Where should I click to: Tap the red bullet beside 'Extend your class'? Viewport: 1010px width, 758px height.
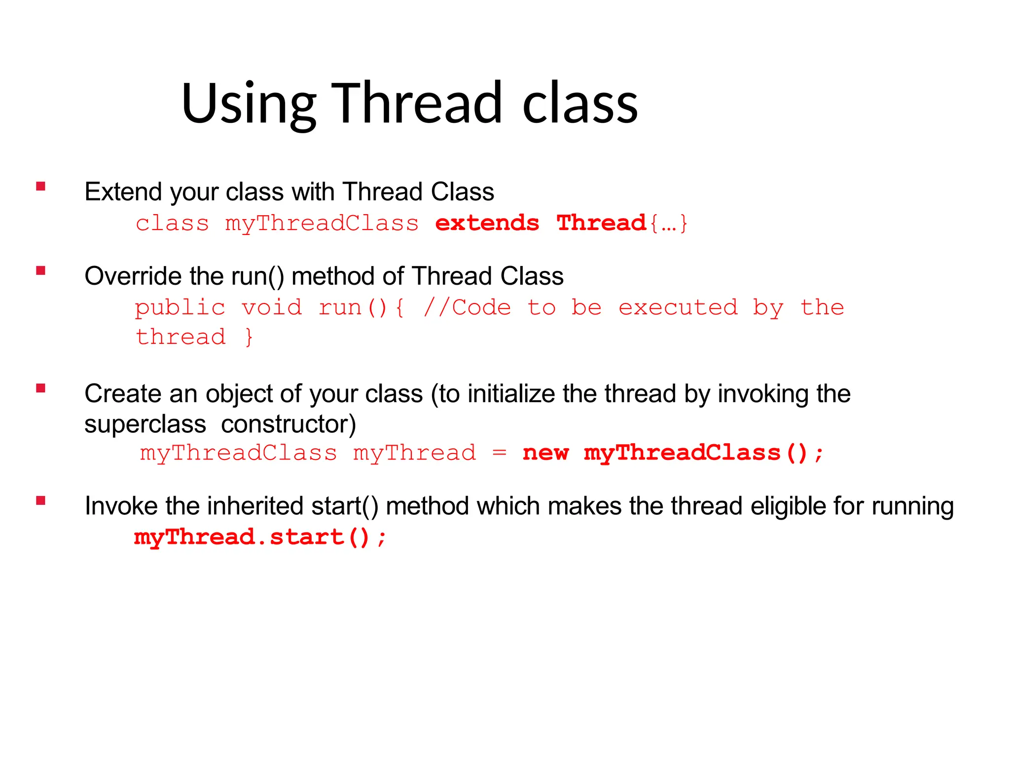[41, 186]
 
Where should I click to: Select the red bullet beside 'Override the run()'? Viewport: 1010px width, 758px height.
[41, 270]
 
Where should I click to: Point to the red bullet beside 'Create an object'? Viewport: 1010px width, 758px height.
[41, 388]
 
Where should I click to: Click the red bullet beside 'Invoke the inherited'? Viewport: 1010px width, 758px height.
[41, 501]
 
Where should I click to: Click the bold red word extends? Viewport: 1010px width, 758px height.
[487, 223]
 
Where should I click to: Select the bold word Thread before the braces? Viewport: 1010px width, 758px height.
[601, 223]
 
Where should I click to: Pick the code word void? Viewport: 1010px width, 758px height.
[272, 307]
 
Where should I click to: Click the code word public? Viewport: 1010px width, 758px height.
[180, 308]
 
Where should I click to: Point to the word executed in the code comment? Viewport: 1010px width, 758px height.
[678, 307]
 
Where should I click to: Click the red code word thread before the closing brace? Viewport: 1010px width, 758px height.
[180, 337]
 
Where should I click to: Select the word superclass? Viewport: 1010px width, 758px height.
[145, 424]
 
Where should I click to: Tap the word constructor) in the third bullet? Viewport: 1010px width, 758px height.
[289, 424]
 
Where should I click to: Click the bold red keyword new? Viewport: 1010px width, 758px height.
[545, 453]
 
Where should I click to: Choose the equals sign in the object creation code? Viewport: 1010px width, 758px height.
[499, 453]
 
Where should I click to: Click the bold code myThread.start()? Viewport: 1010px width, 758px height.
[260, 537]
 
